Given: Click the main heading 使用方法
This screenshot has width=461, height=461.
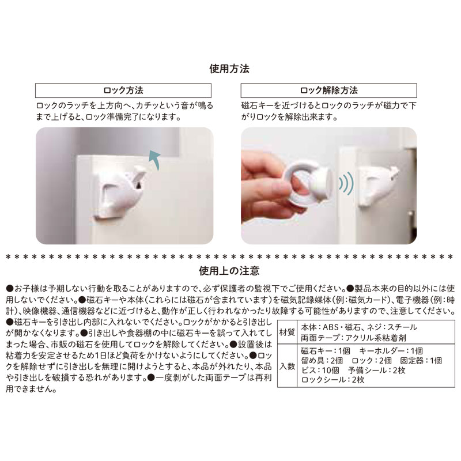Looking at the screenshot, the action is (229, 69).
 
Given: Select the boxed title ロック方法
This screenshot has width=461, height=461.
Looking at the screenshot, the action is (123, 90).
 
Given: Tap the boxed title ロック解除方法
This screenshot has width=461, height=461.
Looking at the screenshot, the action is (328, 90).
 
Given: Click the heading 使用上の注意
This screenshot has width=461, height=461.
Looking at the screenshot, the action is (229, 270).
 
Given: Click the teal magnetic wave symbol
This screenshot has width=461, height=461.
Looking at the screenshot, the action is (346, 184).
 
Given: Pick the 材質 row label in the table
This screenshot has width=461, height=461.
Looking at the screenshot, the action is (286, 332).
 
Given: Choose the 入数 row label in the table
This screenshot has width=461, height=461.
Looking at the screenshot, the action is (286, 366).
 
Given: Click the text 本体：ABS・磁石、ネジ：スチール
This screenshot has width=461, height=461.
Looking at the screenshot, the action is (359, 327).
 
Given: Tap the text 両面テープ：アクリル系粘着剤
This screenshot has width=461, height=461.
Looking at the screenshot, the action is (353, 338).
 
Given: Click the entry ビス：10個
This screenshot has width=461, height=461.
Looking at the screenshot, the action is (320, 370).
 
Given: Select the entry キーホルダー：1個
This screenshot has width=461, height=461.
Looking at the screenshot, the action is (391, 351).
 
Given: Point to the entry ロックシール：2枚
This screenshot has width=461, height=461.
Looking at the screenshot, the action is (333, 380).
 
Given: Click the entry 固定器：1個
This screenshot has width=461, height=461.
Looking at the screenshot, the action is (421, 361).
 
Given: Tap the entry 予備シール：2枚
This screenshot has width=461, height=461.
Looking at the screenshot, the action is (377, 370).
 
